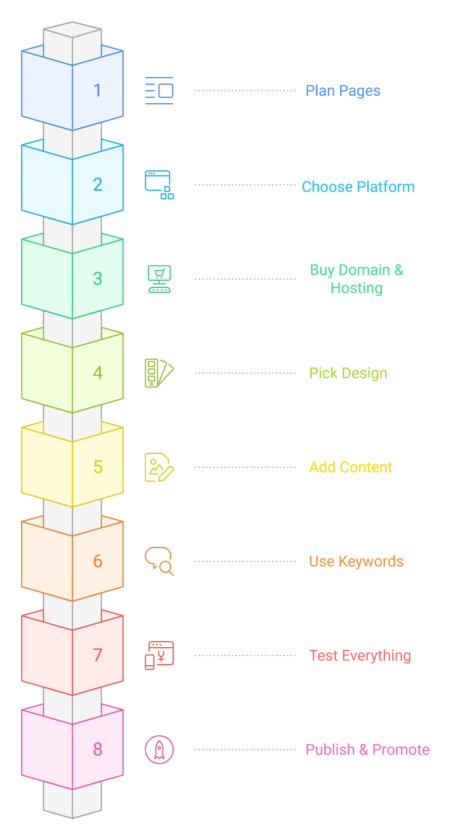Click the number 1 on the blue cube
point(97,91)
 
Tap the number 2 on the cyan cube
point(97,184)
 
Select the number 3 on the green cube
point(97,279)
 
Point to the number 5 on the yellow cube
point(98,467)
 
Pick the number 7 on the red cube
point(97,655)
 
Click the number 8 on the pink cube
point(97,749)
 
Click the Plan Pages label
point(343,91)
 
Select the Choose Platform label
point(358,187)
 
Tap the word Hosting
point(356,288)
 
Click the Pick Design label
point(348,373)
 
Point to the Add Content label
point(351,467)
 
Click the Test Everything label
point(360,656)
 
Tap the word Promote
point(401,750)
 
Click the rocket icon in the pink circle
point(159,750)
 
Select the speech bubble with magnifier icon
point(159,561)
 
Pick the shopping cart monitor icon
point(159,279)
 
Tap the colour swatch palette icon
point(159,373)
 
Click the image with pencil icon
point(159,467)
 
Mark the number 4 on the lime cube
point(97,373)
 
